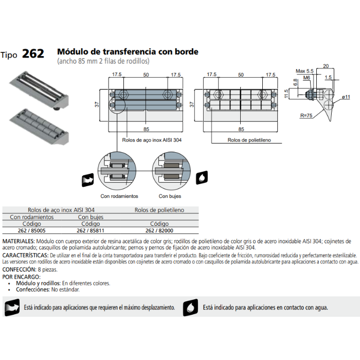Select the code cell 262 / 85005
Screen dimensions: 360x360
[x=31, y=231]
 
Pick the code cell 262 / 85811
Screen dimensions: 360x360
[x=91, y=231]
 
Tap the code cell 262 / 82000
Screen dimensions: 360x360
[x=159, y=231]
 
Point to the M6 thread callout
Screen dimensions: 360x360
[x=307, y=78]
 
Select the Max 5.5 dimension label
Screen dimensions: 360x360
[x=304, y=71]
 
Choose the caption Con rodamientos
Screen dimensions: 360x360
[x=119, y=196]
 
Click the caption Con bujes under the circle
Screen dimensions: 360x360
[x=170, y=196]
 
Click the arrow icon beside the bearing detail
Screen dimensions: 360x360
[x=87, y=181]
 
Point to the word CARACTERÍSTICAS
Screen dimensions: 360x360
[x=25, y=255]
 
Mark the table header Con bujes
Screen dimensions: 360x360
[x=91, y=217]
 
